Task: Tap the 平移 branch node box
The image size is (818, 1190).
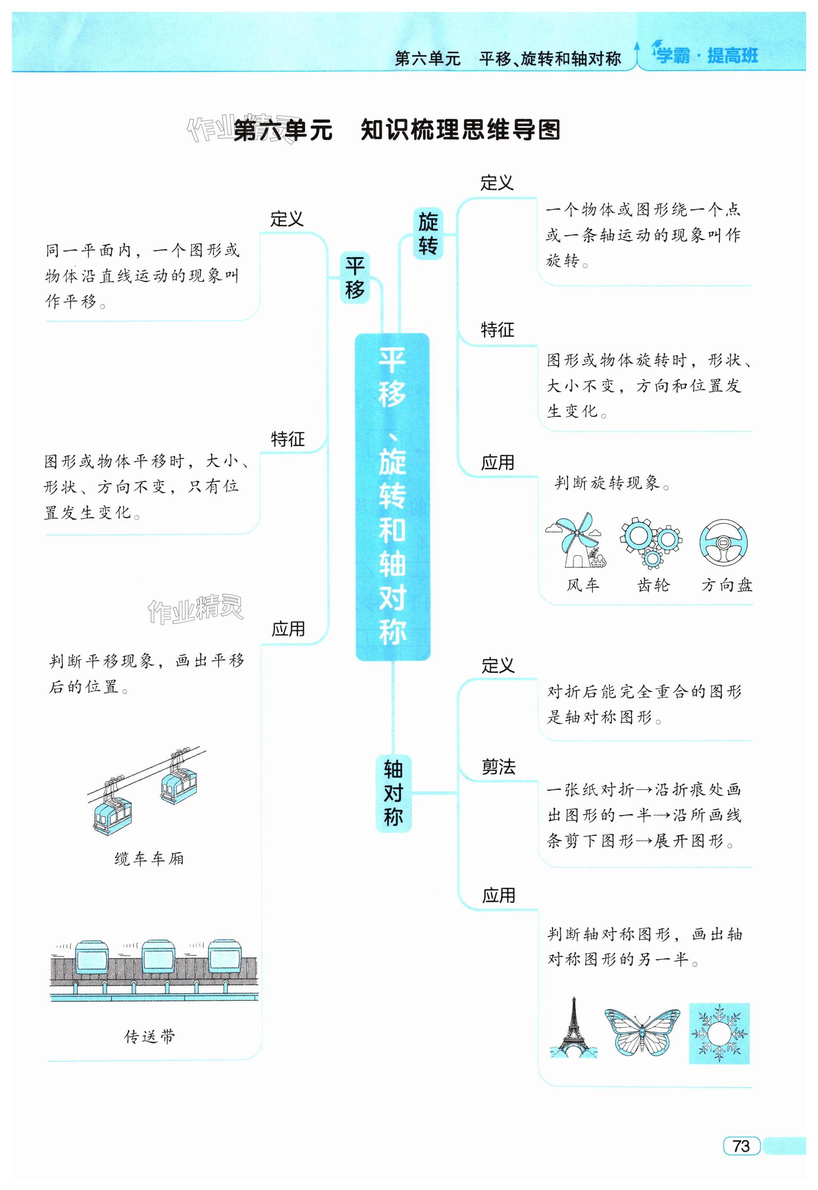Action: pos(355,278)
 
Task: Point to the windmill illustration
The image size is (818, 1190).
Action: pos(575,540)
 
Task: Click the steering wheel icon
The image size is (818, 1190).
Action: pos(723,543)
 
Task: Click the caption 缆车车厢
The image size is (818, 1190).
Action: pos(149,858)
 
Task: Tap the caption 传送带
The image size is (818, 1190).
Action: pos(150,1036)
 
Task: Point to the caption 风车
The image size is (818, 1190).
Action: pos(582,585)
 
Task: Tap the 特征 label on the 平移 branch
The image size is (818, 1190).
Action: pos(288,439)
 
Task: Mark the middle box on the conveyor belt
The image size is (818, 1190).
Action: pos(156,957)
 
